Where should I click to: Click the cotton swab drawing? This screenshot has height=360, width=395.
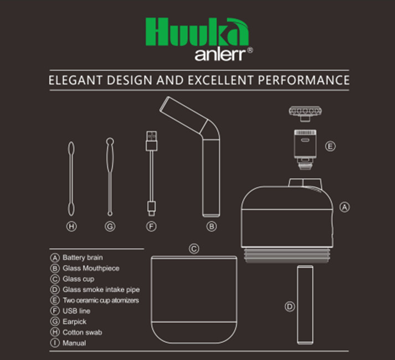coord(70,177)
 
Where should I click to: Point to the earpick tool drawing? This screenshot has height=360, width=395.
coord(110,177)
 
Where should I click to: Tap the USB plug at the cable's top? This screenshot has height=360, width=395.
coord(150,140)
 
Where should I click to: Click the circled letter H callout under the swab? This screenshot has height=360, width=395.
coord(70,227)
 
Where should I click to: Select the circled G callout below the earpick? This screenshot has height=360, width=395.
coord(110,227)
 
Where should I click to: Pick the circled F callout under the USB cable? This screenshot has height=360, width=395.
coord(150,227)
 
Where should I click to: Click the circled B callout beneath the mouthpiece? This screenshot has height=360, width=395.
coord(211,227)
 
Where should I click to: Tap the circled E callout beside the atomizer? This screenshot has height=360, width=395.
coord(330,147)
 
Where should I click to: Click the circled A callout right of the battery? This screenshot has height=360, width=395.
coord(344,207)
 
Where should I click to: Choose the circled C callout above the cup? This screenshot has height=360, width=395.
coord(194,249)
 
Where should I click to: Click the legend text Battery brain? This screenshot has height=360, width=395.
coord(83,258)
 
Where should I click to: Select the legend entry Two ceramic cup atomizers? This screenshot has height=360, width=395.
coord(100,300)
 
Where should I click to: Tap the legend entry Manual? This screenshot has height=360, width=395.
coord(74,343)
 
